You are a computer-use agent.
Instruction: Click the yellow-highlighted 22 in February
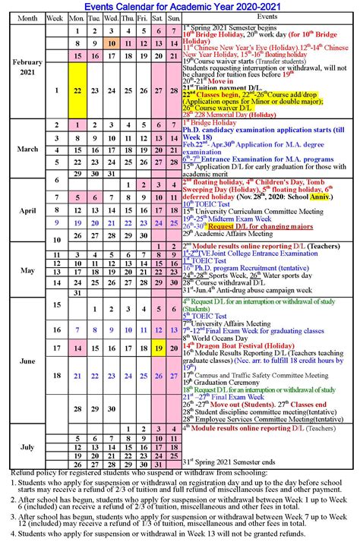[x=77, y=90]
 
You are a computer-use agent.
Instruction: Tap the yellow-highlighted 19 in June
[x=159, y=348]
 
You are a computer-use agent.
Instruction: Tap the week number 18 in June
[x=57, y=375]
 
